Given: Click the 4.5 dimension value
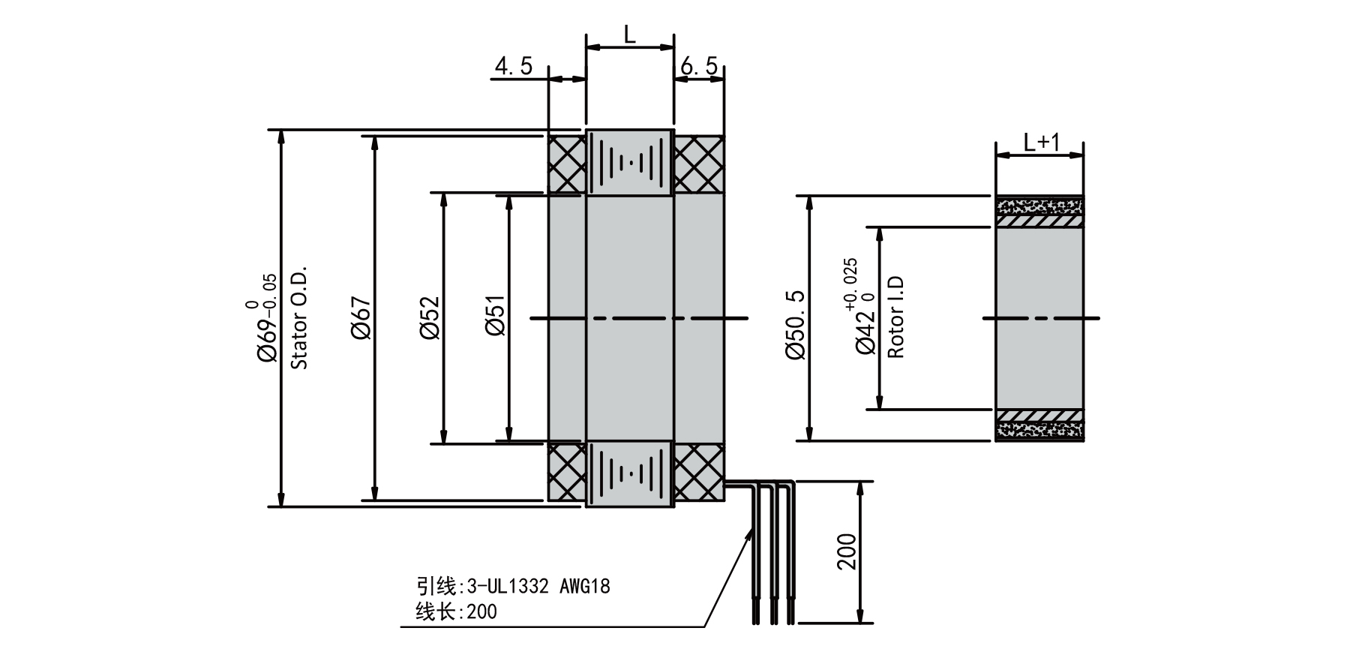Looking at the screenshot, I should [513, 67].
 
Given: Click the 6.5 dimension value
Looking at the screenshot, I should [698, 67].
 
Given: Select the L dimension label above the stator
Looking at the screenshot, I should [630, 34].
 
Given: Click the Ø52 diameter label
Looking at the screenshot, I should [429, 318].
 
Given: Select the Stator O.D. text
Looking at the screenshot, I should [299, 318].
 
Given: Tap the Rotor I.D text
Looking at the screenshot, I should [895, 318].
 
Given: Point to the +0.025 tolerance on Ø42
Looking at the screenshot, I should [850, 284].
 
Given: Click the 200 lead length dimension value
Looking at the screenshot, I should [847, 552].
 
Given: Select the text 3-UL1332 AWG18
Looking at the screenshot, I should [538, 586].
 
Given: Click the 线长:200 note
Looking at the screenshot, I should [456, 612].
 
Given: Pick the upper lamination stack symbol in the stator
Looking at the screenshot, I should [629, 164].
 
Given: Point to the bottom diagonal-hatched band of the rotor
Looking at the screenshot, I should [1039, 416].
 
